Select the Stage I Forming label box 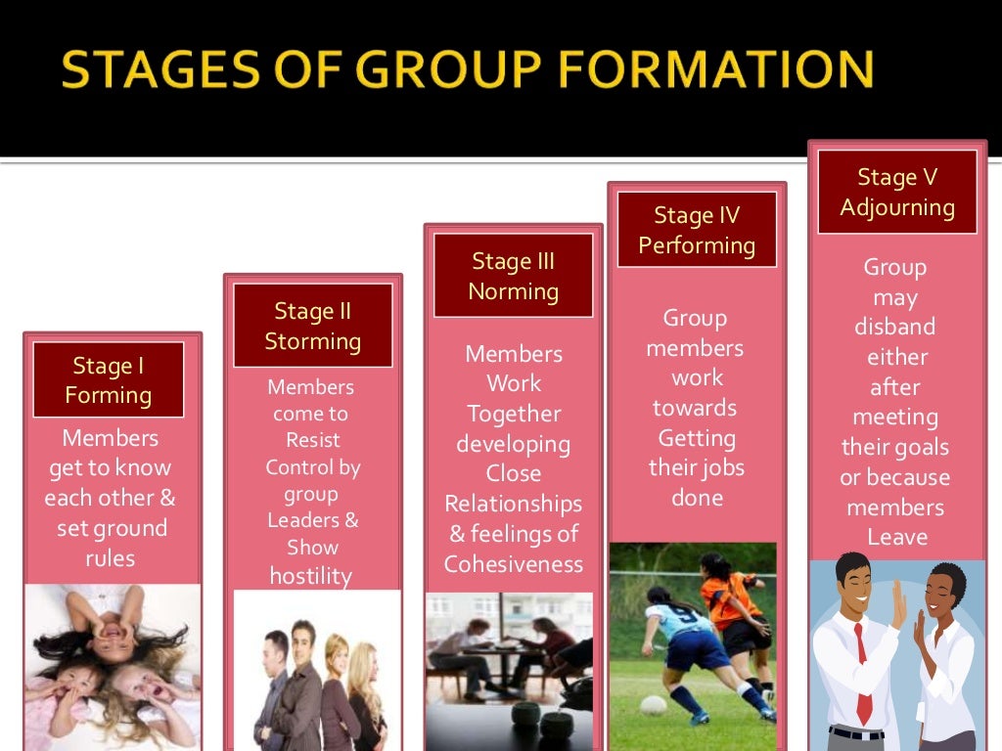pyautogui.click(x=108, y=380)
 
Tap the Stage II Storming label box pyautogui.click(x=313, y=326)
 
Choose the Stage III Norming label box pyautogui.click(x=513, y=276)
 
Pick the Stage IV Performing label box pyautogui.click(x=697, y=230)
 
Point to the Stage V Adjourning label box pyautogui.click(x=897, y=192)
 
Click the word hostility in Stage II pyautogui.click(x=310, y=576)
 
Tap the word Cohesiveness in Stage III pyautogui.click(x=513, y=564)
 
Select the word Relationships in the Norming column pyautogui.click(x=513, y=504)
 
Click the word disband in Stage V pyautogui.click(x=894, y=327)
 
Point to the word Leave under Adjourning pyautogui.click(x=896, y=537)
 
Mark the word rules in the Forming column pyautogui.click(x=110, y=558)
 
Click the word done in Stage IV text pyautogui.click(x=697, y=498)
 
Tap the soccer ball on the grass pyautogui.click(x=653, y=705)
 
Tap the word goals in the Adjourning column pyautogui.click(x=923, y=448)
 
